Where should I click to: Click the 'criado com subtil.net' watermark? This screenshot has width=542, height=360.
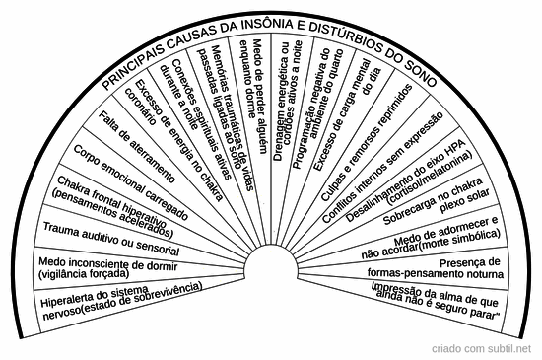coord(487,349)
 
